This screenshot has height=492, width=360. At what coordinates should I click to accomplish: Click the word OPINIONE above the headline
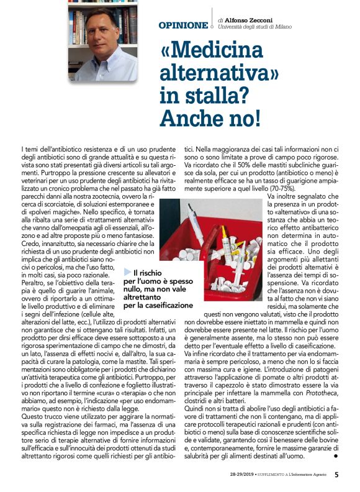183,25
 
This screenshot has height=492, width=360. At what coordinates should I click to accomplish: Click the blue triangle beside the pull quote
128,272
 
